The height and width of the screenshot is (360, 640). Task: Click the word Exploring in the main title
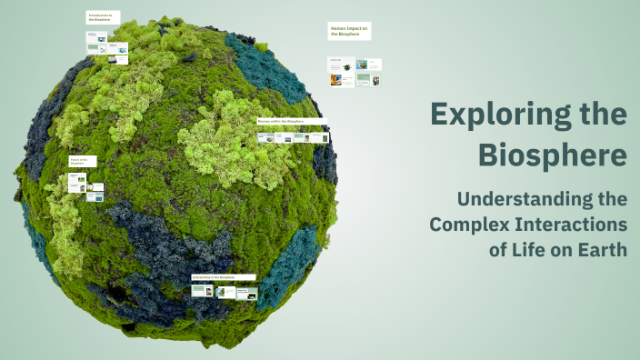(497, 115)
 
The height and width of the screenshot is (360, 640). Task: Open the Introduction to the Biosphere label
(102, 18)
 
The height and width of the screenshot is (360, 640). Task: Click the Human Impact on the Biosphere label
(349, 32)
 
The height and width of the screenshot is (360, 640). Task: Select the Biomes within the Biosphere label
(291, 121)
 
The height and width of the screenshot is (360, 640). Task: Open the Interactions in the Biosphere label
(223, 276)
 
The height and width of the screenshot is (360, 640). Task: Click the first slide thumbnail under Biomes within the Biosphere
(265, 138)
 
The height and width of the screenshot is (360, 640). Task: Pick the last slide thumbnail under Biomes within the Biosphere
(321, 138)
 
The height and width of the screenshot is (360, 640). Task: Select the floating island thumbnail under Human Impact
(362, 65)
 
